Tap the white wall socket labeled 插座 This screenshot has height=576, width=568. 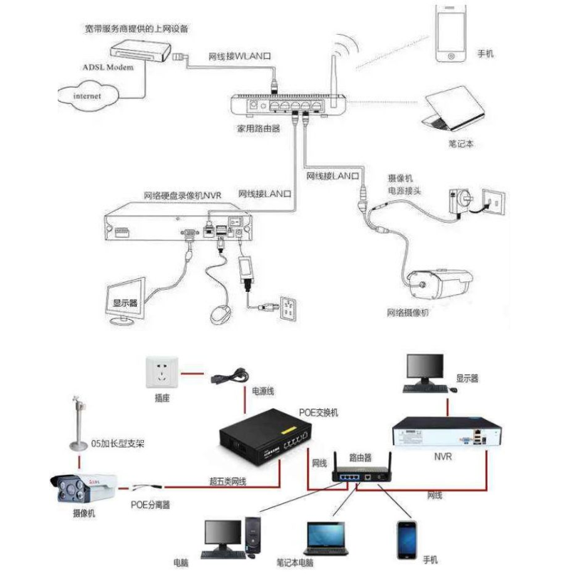pyautogui.click(x=161, y=372)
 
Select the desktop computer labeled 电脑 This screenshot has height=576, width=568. pyautogui.click(x=232, y=538)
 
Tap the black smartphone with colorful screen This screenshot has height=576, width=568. pyautogui.click(x=408, y=538)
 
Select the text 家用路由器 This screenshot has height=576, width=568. pyautogui.click(x=257, y=130)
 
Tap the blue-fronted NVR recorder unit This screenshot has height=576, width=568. pyautogui.click(x=446, y=434)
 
